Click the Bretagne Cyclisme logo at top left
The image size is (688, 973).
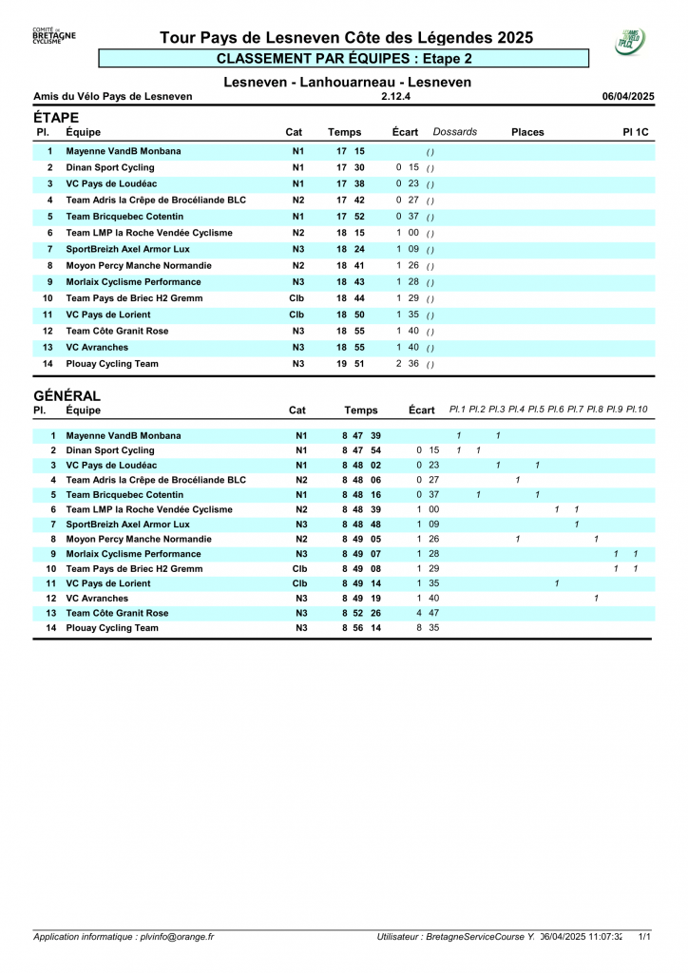coord(54,36)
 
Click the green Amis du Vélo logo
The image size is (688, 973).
coord(630,41)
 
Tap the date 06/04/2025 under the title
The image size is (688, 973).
coord(628,96)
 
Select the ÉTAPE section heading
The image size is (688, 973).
coord(56,117)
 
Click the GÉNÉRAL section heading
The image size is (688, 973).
coord(67,395)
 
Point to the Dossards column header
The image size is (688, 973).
coord(455,132)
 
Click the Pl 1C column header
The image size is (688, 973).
coord(636,132)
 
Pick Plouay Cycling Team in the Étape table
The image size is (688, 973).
coord(112,364)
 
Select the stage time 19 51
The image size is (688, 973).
coord(350,364)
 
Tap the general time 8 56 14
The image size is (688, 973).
coord(361,628)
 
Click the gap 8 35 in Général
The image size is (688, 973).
coord(428,628)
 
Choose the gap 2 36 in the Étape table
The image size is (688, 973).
coord(408,364)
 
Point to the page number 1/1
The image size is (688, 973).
coord(644,936)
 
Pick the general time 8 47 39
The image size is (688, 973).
coord(361,435)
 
